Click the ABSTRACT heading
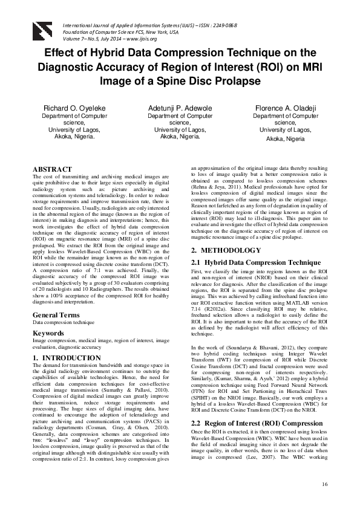tap(52, 169)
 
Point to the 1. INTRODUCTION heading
tap(67, 358)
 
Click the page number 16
tap(325, 484)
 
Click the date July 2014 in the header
tap(111, 39)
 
